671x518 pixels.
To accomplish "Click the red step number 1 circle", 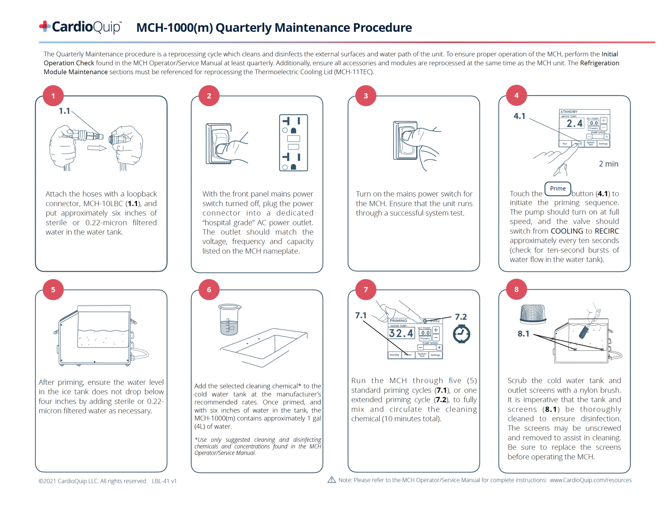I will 53,96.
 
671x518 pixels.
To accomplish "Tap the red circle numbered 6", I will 209,289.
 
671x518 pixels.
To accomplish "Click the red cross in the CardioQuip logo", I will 45,26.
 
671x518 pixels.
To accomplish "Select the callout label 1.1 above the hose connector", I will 64,111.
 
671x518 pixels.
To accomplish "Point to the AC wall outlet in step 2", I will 293,143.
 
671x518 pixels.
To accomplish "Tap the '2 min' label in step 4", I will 608,164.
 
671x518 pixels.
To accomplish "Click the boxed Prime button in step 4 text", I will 558,189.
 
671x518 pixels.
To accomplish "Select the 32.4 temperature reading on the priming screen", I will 401,333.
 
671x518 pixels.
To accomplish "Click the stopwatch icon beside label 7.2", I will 461,334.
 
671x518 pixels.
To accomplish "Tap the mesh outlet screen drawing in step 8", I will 533,314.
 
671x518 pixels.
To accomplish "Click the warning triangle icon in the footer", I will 331,480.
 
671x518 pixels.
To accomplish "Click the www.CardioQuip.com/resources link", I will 590,480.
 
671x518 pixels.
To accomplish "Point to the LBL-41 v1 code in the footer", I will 164,481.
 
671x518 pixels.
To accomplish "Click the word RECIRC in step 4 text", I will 607,231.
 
